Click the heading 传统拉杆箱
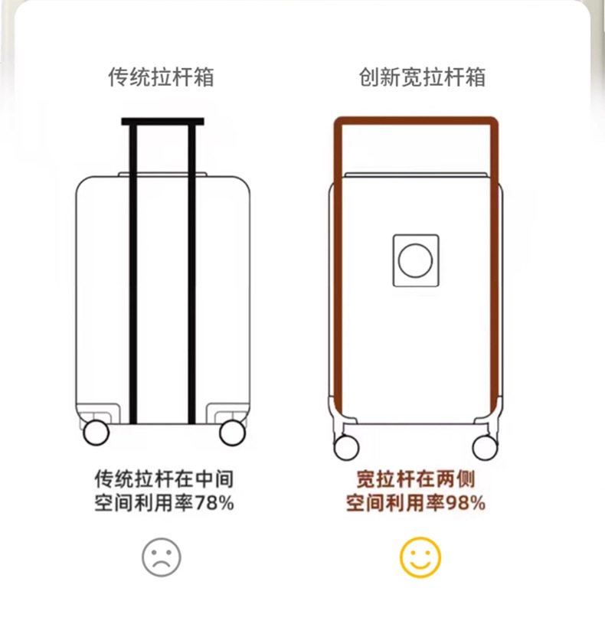pos(161,77)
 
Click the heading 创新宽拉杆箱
pos(422,77)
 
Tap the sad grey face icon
pos(162,557)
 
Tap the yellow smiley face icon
pos(420,557)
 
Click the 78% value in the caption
pos(215,504)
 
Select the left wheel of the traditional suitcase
pos(96,433)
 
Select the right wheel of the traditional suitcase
pos(232,433)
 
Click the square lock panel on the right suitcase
pos(416,260)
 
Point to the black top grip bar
pos(162,121)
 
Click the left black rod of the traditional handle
pos(133,276)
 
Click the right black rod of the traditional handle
pos(191,276)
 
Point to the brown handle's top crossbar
pos(416,121)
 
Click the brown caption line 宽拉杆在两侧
pos(416,480)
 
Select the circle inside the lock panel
pos(415,260)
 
